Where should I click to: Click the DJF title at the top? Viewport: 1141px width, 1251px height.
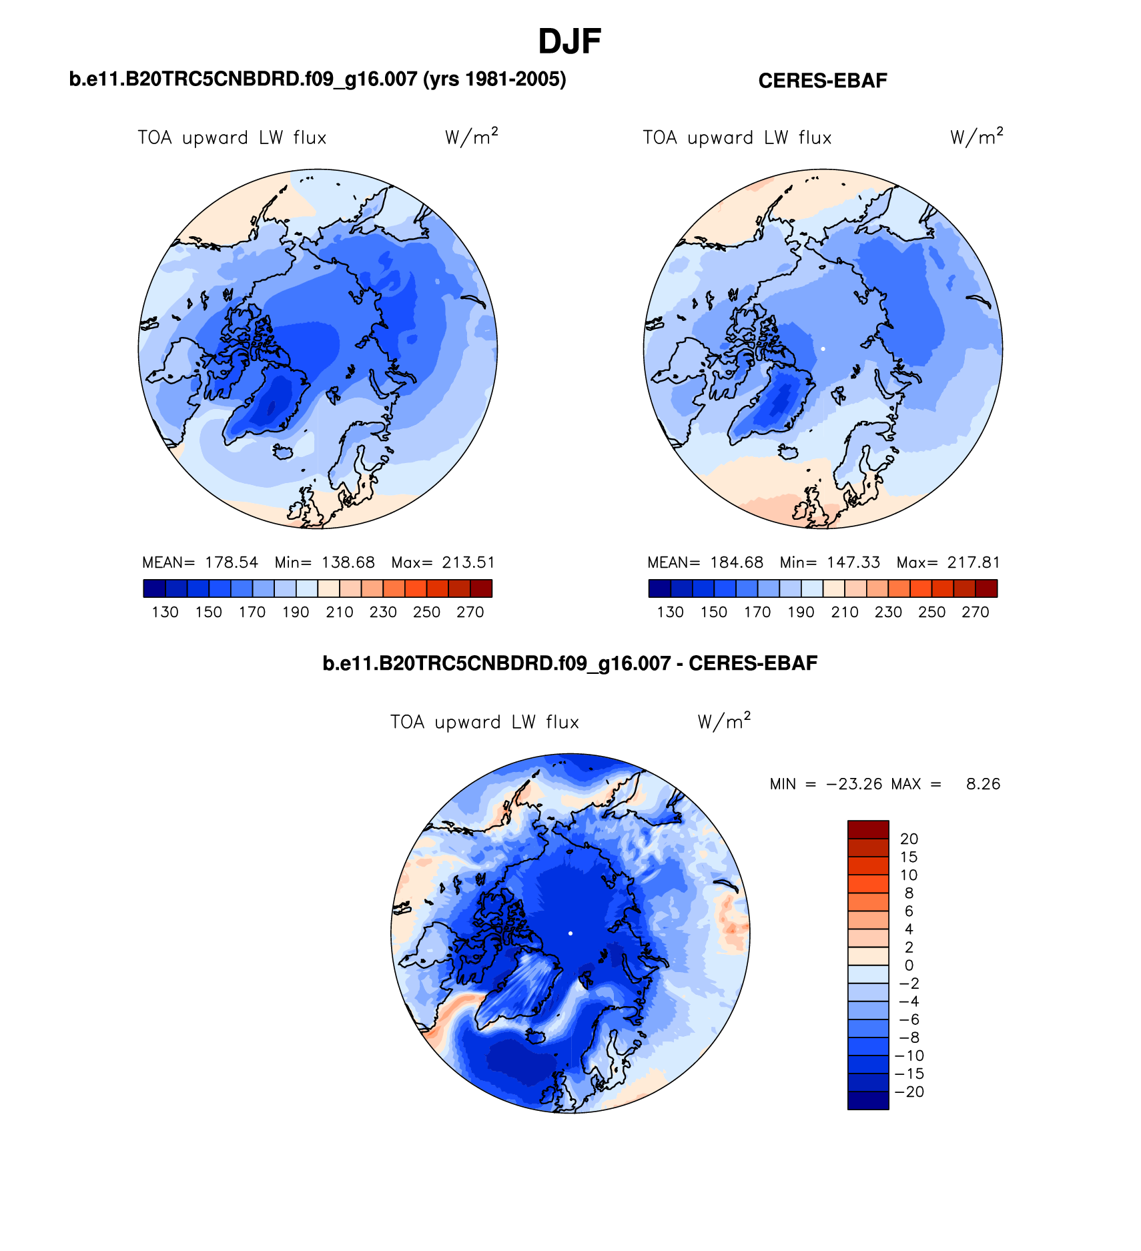(x=569, y=41)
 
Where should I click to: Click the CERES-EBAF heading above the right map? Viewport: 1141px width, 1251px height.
(x=822, y=81)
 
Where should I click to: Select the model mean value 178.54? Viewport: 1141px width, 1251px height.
(x=231, y=562)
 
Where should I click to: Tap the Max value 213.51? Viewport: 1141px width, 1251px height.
(x=468, y=562)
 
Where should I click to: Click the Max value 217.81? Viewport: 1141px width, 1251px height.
(x=974, y=562)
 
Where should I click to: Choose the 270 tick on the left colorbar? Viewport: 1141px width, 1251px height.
(x=470, y=612)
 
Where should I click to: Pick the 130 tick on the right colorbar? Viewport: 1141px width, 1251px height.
(x=670, y=612)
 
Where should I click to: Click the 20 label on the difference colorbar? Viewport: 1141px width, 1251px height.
(x=909, y=839)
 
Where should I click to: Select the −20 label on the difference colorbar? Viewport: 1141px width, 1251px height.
(x=909, y=1092)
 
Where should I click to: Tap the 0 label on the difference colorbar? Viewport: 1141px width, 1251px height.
(x=909, y=965)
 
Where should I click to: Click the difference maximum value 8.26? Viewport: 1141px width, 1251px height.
(x=983, y=784)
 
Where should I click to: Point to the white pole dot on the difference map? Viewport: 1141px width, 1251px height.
(x=570, y=933)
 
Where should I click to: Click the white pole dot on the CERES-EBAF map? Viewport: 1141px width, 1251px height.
(x=823, y=348)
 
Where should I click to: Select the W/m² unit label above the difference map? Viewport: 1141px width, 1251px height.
(x=724, y=721)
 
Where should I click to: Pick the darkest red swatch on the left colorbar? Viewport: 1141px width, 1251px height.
(x=481, y=588)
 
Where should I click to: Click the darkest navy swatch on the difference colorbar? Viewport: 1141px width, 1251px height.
(x=867, y=1100)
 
